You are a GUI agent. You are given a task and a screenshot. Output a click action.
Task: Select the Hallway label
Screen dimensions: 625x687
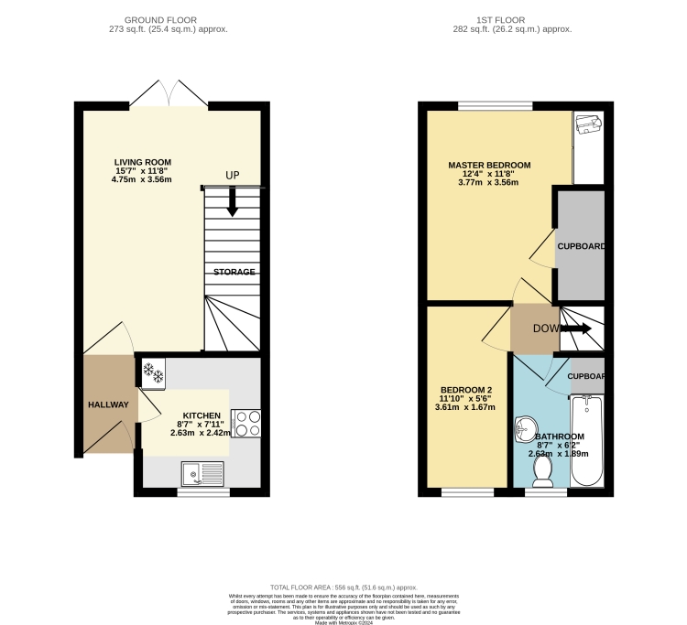coord(108,404)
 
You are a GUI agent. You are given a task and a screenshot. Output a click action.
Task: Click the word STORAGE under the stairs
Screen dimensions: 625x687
coord(234,272)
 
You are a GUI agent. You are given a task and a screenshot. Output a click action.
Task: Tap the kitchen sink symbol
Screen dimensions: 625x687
coord(202,473)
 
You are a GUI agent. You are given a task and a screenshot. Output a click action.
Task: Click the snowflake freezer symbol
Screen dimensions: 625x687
coord(152,373)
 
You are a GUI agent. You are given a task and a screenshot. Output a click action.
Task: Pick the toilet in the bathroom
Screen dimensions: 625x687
coord(542,471)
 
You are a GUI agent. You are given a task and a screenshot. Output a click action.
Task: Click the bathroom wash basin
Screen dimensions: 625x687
coord(526,427)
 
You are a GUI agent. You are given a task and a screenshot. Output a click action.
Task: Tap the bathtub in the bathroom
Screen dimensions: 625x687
coord(587,442)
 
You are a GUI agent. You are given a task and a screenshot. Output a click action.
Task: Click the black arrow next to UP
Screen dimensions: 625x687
coord(232,201)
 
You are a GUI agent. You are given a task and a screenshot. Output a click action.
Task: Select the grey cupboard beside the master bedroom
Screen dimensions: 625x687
coord(580,246)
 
